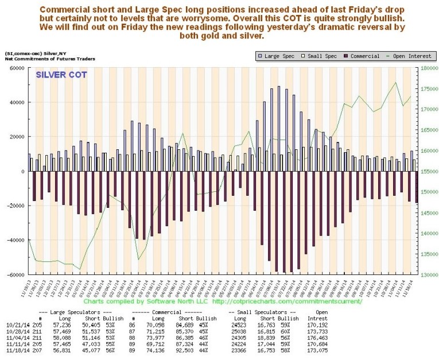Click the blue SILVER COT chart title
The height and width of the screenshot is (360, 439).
[60, 75]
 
